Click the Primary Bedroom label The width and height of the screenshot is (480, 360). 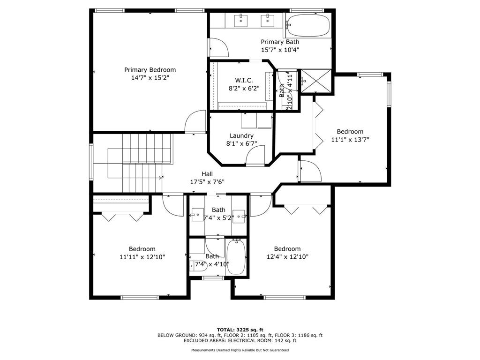(150, 70)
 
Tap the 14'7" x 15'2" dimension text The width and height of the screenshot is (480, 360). (150, 78)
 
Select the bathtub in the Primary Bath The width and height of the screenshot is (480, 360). (308, 26)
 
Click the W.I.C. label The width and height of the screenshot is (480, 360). (244, 81)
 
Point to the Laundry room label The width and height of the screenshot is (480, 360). (241, 135)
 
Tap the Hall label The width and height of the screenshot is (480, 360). (207, 174)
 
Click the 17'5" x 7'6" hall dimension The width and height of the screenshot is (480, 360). (207, 182)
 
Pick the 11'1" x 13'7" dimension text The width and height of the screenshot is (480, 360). (350, 140)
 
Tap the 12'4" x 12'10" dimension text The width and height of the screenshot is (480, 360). (287, 256)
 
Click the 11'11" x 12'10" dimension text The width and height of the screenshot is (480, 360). (142, 256)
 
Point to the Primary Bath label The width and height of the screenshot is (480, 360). (280, 42)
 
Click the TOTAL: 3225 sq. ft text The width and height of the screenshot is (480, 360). (240, 330)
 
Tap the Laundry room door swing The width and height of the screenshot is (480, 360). (255, 156)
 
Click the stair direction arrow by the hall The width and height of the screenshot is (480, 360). (161, 178)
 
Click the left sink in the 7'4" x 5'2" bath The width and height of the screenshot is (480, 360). (197, 214)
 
